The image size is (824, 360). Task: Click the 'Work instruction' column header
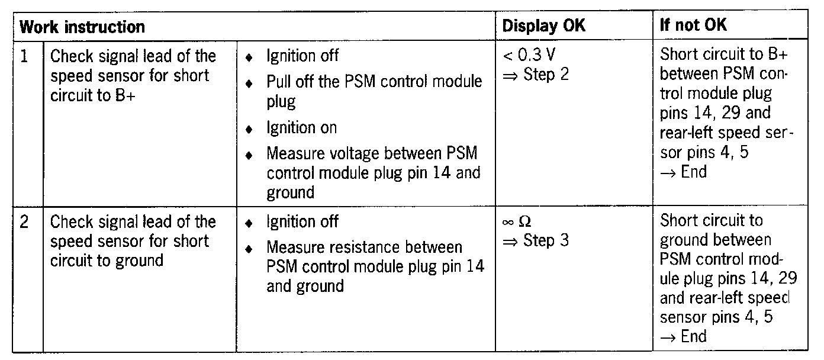click(82, 27)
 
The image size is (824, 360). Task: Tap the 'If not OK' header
click(693, 25)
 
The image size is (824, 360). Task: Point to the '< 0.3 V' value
click(529, 56)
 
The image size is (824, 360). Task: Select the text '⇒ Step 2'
click(535, 75)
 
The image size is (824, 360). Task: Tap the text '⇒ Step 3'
click(535, 241)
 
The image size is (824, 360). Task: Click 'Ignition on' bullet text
click(301, 127)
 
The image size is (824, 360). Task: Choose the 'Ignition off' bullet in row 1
click(302, 56)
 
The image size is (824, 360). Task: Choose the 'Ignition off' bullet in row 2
click(302, 222)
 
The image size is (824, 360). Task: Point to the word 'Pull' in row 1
click(279, 81)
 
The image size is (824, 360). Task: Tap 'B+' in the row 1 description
click(125, 95)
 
